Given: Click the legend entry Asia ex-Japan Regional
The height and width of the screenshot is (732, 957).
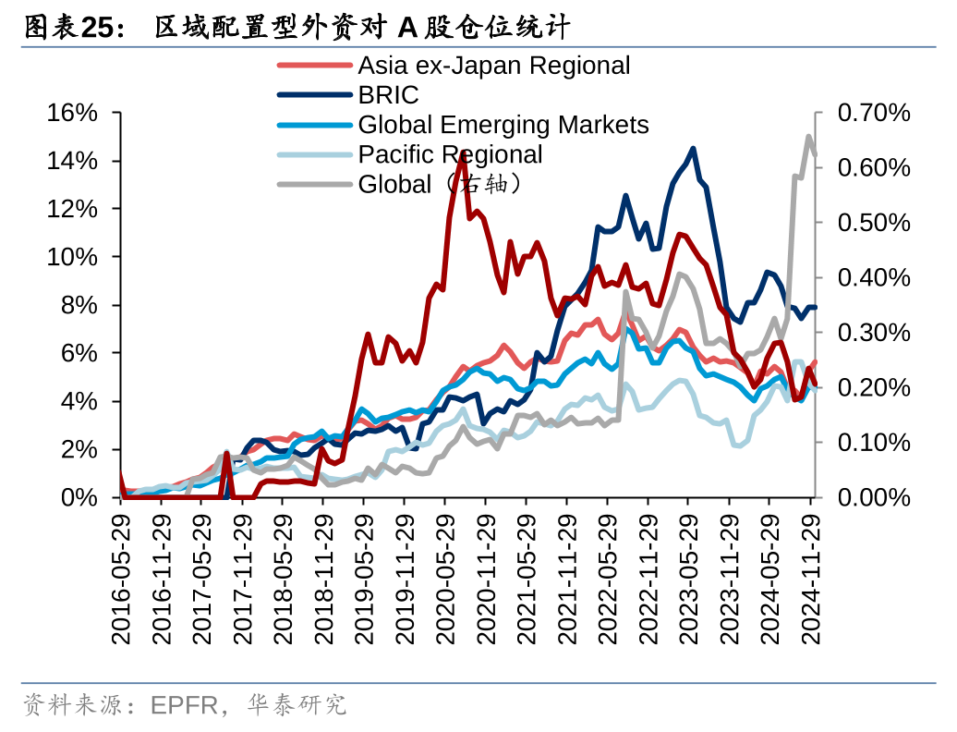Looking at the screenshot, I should click(493, 66).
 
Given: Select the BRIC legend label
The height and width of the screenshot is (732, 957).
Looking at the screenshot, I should click(388, 95).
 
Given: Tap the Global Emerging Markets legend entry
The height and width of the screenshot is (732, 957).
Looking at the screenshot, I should click(503, 125).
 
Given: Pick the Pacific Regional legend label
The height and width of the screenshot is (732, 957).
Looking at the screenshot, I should click(450, 154).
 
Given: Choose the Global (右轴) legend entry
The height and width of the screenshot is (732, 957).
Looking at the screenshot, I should click(443, 184).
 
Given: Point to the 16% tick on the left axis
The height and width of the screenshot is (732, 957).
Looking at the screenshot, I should click(73, 113).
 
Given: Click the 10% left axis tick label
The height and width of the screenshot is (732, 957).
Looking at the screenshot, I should click(73, 257).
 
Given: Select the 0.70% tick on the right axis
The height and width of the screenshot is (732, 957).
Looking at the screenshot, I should click(873, 113).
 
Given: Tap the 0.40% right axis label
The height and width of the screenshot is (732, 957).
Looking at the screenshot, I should click(873, 277).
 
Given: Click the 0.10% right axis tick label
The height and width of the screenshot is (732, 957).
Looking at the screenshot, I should click(873, 442).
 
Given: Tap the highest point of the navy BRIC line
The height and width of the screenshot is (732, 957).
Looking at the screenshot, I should click(693, 148).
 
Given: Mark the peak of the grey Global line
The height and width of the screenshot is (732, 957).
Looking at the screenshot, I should click(809, 137).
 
